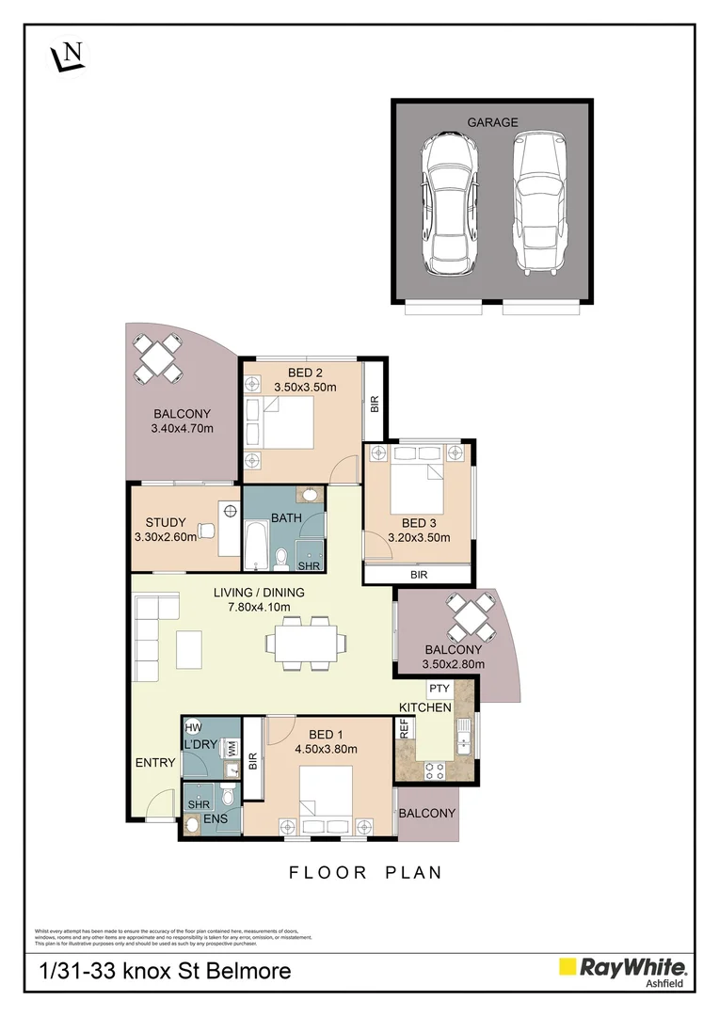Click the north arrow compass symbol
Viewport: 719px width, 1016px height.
click(x=68, y=56)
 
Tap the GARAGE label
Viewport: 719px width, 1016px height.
click(x=492, y=122)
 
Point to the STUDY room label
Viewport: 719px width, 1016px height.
click(x=165, y=523)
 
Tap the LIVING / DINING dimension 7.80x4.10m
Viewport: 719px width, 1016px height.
click(x=258, y=607)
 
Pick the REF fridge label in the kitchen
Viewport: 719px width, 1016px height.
click(x=404, y=728)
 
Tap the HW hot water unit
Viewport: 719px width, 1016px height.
click(x=194, y=727)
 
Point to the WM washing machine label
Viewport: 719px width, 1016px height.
click(x=231, y=746)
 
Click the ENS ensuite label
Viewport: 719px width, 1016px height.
click(x=216, y=819)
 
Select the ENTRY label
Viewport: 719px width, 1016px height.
click(x=155, y=762)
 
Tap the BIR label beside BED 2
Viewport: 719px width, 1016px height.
click(x=374, y=405)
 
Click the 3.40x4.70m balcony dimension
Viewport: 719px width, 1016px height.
click(x=182, y=429)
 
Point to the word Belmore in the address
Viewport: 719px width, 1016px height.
click(x=244, y=971)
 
